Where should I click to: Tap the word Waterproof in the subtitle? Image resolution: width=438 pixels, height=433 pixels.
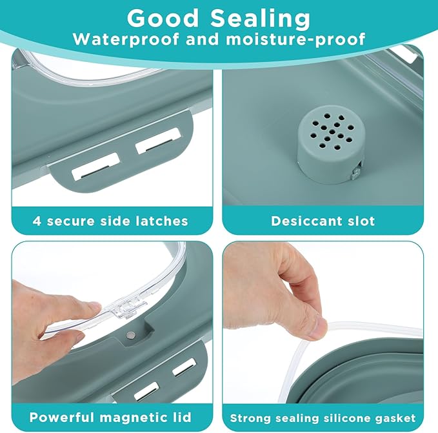point(126,39)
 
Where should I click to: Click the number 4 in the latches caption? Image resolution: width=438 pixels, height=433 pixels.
point(36,221)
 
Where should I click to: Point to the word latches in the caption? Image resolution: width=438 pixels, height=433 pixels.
point(161,221)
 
